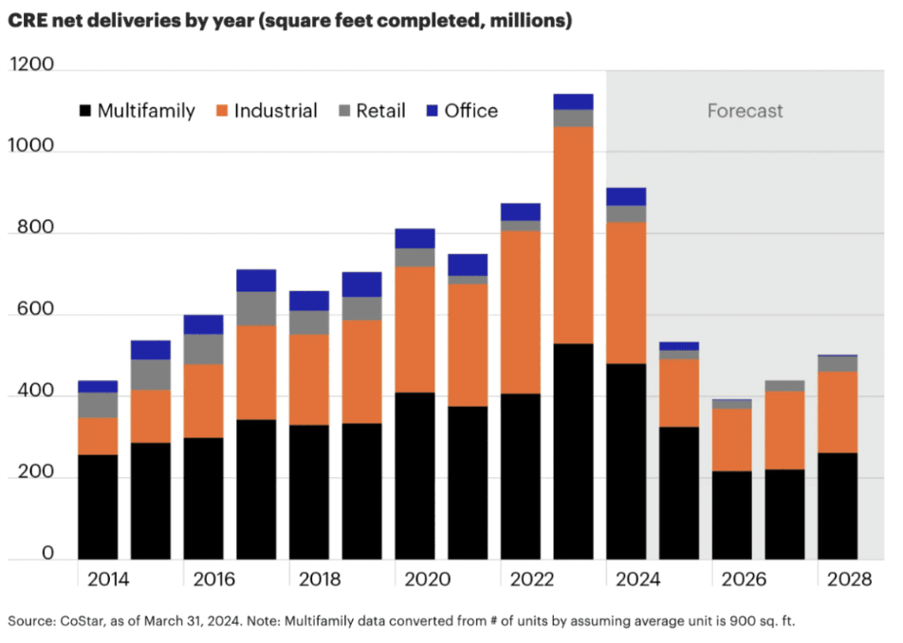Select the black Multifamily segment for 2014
pyautogui.click(x=98, y=506)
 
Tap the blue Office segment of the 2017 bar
pyautogui.click(x=256, y=281)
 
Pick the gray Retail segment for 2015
pyautogui.click(x=150, y=375)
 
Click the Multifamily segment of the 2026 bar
pyautogui.click(x=731, y=515)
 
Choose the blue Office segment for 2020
pyautogui.click(x=415, y=238)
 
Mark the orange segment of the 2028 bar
pyautogui.click(x=838, y=412)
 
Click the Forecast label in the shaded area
pyautogui.click(x=745, y=111)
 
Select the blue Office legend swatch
pyautogui.click(x=432, y=111)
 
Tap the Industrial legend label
pyautogui.click(x=275, y=111)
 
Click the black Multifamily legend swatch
pyautogui.click(x=85, y=111)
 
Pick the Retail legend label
pyautogui.click(x=380, y=111)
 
